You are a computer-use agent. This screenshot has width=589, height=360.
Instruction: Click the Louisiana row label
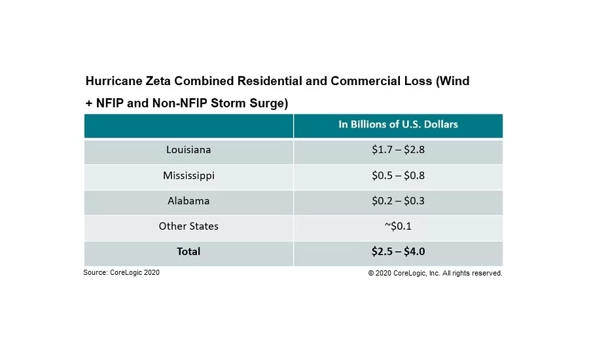188,150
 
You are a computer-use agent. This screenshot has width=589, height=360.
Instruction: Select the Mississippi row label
188,175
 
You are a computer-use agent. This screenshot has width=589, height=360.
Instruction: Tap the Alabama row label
188,201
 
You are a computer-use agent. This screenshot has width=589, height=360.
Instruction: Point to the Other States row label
188,226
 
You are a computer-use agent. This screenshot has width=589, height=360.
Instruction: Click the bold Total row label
188,251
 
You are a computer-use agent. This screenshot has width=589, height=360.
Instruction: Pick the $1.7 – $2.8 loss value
398,150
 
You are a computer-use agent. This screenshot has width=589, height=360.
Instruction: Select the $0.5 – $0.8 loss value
398,175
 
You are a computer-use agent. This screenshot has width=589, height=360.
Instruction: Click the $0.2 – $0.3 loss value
398,201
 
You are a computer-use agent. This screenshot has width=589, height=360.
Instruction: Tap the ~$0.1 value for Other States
398,226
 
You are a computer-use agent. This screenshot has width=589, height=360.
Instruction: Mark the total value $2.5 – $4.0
398,251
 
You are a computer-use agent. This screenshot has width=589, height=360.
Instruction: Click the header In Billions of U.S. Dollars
398,124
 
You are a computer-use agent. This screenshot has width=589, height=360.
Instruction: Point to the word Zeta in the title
156,82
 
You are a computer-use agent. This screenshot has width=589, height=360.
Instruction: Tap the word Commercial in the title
363,82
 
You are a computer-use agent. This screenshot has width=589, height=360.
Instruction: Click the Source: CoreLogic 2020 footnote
121,273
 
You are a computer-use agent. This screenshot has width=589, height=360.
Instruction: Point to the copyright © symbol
371,274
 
